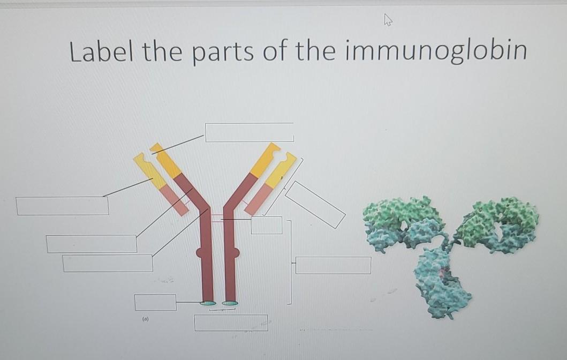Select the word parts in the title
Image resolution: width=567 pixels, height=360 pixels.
(x=223, y=53)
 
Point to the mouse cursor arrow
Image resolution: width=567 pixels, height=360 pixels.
(x=388, y=19)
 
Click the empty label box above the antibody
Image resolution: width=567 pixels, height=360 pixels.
(x=250, y=132)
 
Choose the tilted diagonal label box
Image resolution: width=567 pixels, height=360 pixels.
(x=315, y=205)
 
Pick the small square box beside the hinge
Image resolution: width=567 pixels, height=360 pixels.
(x=267, y=225)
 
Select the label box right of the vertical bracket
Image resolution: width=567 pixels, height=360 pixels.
(x=333, y=265)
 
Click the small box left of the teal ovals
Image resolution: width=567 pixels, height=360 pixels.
(x=155, y=303)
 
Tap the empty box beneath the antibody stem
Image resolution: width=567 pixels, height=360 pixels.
(x=231, y=322)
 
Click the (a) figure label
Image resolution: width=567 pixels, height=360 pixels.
(x=146, y=319)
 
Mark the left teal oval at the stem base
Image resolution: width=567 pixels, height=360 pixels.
(x=208, y=303)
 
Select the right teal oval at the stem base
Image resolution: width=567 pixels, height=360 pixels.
(x=230, y=303)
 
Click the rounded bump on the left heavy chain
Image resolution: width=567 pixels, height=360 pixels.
(x=199, y=252)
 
